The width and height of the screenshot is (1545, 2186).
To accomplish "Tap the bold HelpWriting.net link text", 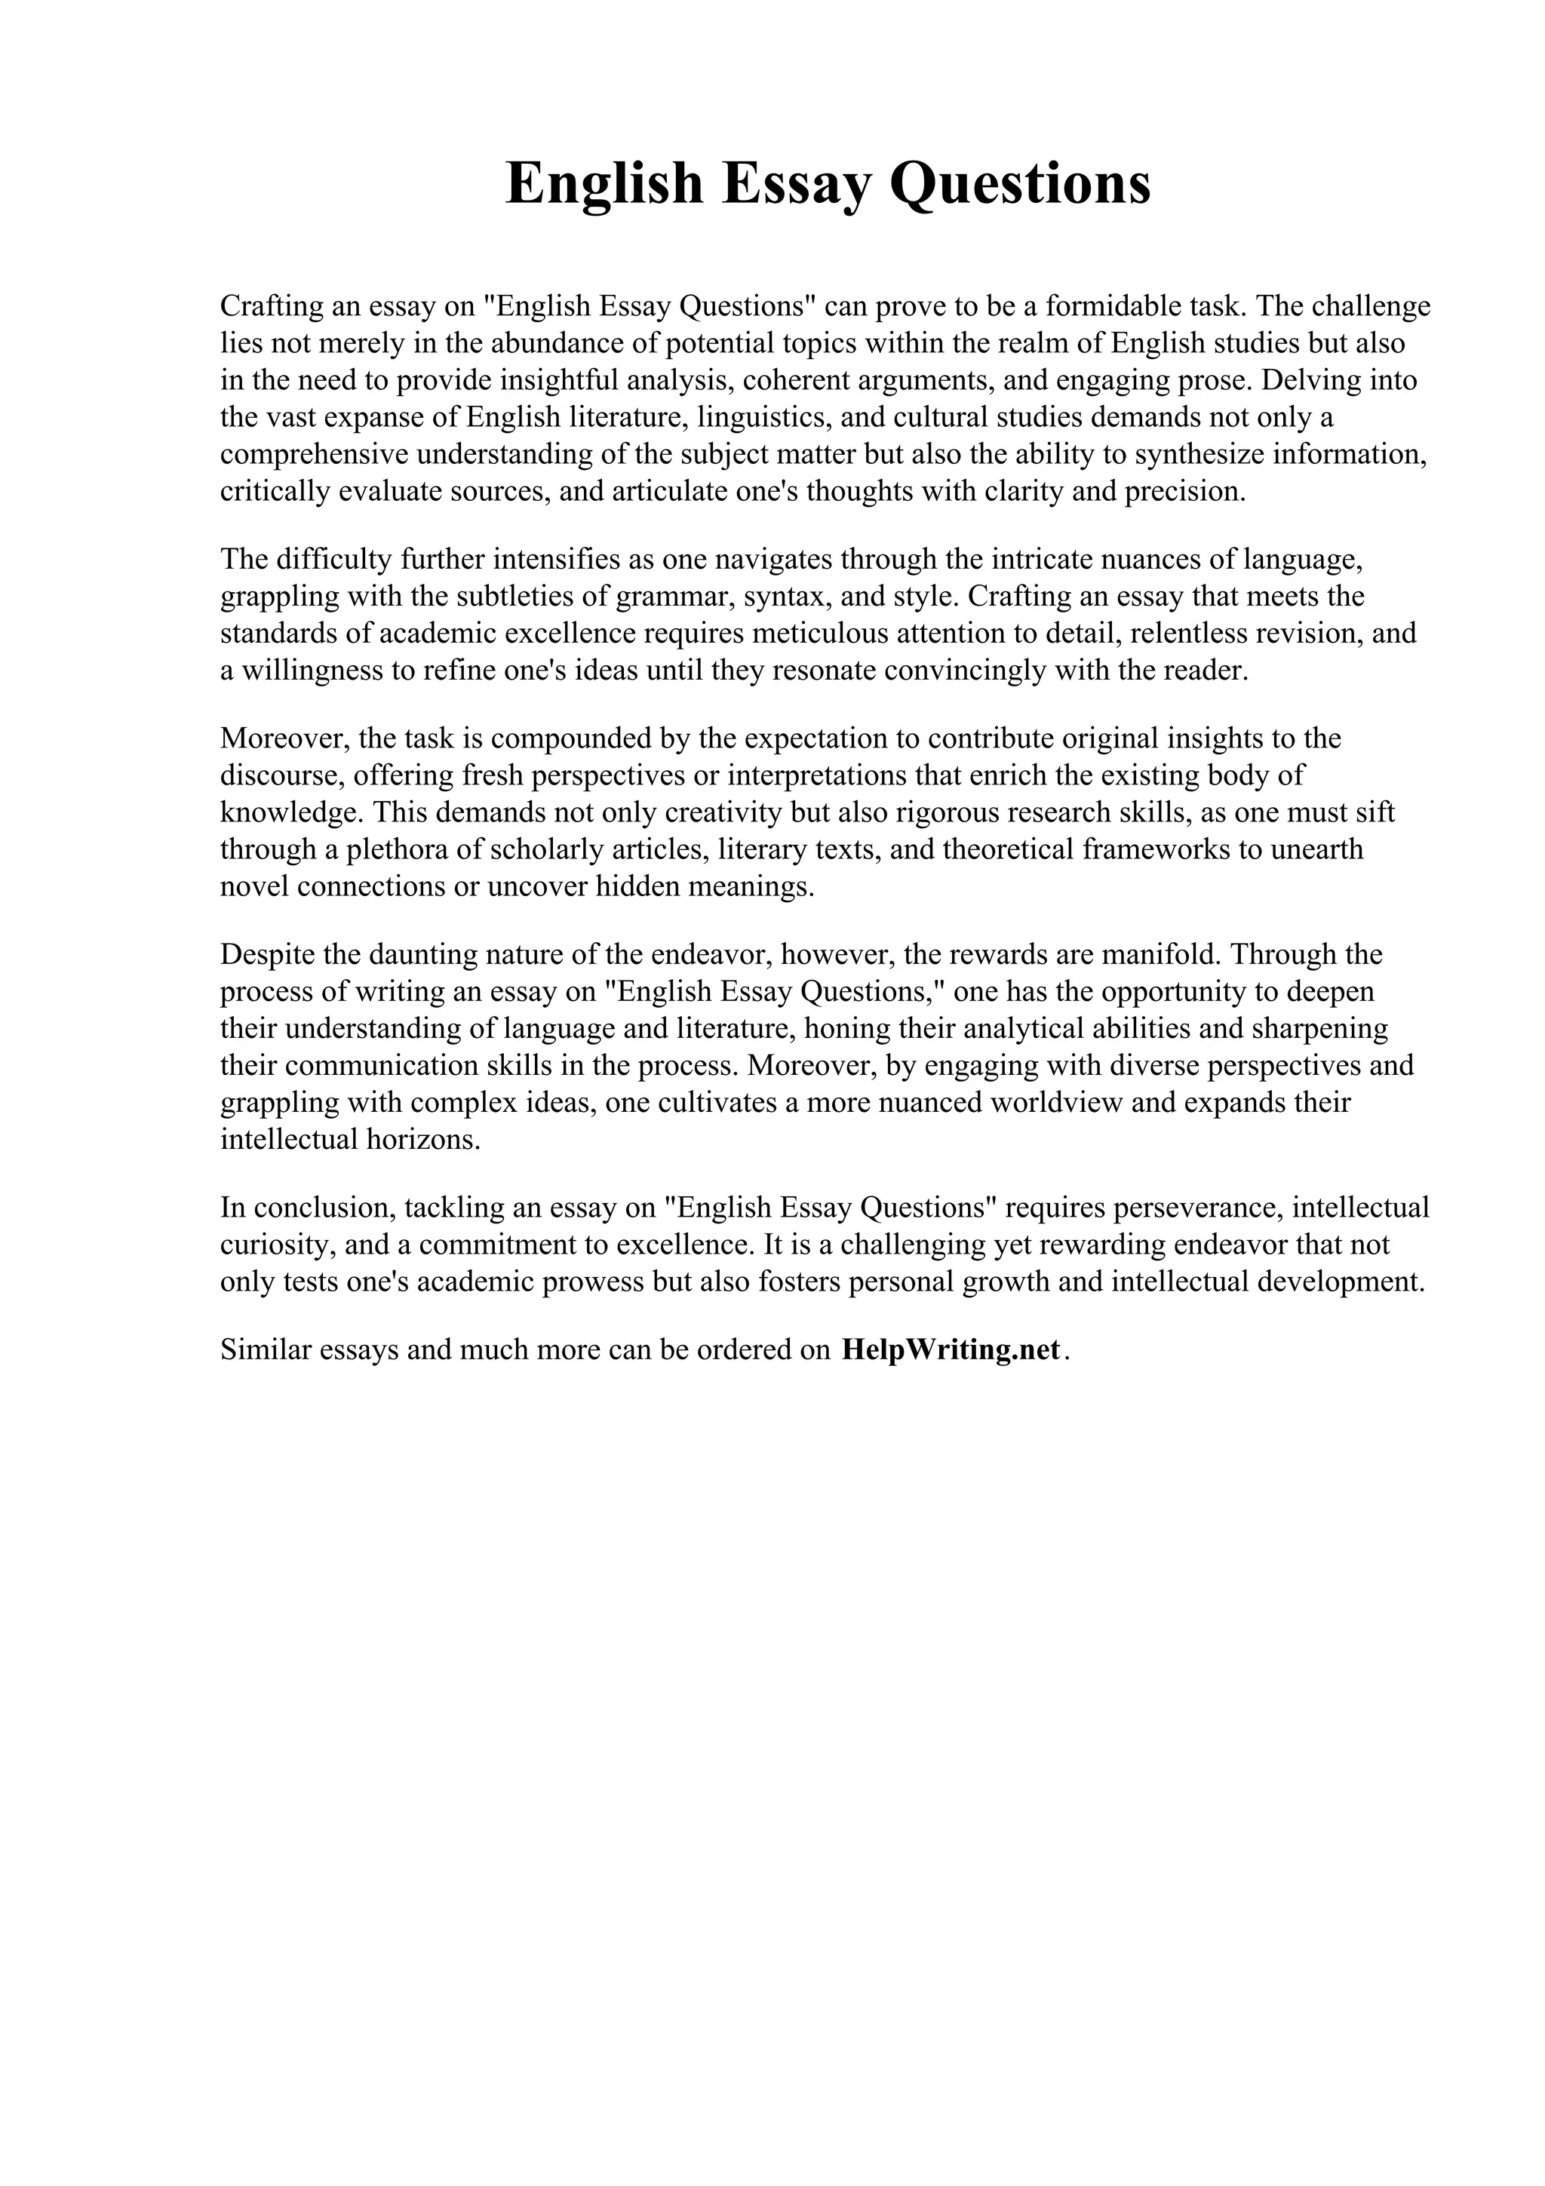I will pyautogui.click(x=950, y=1350).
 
